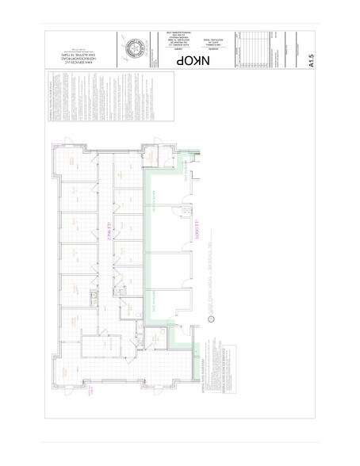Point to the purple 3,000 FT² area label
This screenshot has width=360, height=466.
point(190,232)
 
